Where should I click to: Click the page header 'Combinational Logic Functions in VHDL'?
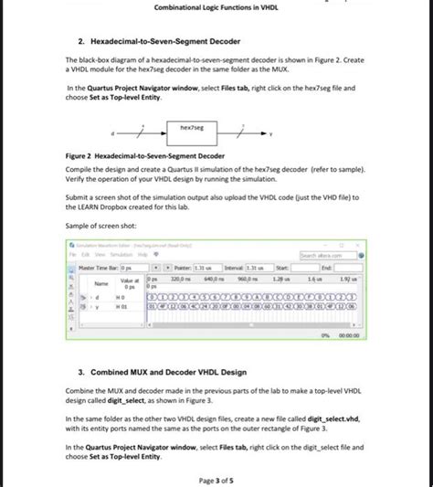coord(216,7)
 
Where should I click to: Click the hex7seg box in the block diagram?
coord(192,132)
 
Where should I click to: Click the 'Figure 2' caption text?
coord(146,156)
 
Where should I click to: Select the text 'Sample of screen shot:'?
coord(102,225)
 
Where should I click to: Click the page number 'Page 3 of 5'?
coord(216,480)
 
